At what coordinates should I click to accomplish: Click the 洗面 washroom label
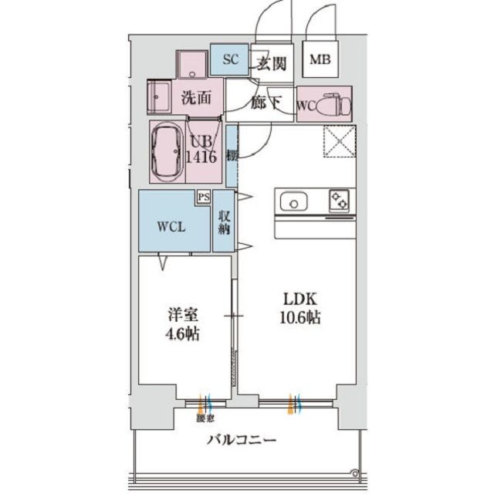point(196,98)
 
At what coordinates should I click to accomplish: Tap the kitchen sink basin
point(294,203)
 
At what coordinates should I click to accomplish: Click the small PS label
point(203,198)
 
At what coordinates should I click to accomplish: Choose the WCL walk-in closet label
point(172,227)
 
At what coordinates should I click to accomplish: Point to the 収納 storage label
point(224,222)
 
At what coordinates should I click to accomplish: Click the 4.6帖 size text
point(184,334)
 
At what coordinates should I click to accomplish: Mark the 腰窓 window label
point(205,419)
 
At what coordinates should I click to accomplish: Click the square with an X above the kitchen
point(337,141)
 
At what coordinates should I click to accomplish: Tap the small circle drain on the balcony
point(355,472)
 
